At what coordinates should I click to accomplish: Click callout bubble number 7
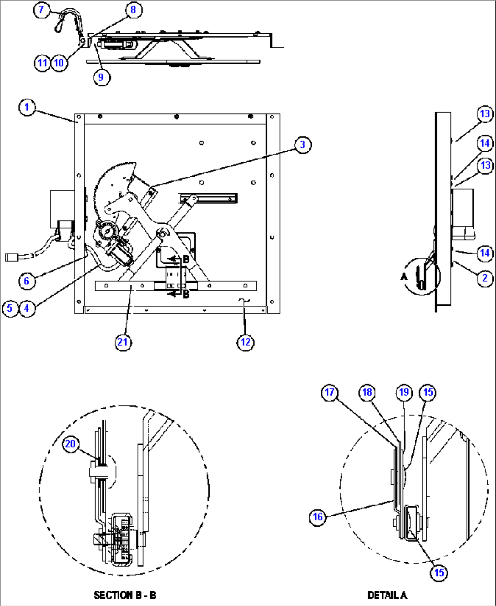(41, 10)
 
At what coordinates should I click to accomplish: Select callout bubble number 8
(133, 10)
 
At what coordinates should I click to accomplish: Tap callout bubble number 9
(101, 77)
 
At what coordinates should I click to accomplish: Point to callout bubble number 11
(42, 62)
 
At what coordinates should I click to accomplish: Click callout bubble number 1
(27, 107)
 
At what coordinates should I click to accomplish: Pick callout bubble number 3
(303, 145)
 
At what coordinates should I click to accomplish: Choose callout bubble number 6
(26, 281)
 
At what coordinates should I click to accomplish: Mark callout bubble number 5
(10, 308)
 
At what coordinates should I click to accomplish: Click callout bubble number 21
(123, 342)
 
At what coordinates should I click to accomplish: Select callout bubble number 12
(245, 342)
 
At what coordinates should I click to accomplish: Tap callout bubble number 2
(485, 277)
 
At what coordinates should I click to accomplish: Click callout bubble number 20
(71, 444)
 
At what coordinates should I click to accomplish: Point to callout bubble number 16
(318, 517)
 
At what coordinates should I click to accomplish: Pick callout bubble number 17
(329, 392)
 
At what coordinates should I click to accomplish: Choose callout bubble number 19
(404, 392)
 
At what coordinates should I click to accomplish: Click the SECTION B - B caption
(125, 595)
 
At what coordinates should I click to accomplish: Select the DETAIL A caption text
(387, 595)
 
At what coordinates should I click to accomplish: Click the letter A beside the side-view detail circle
(404, 277)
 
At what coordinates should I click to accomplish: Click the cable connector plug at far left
(11, 257)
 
